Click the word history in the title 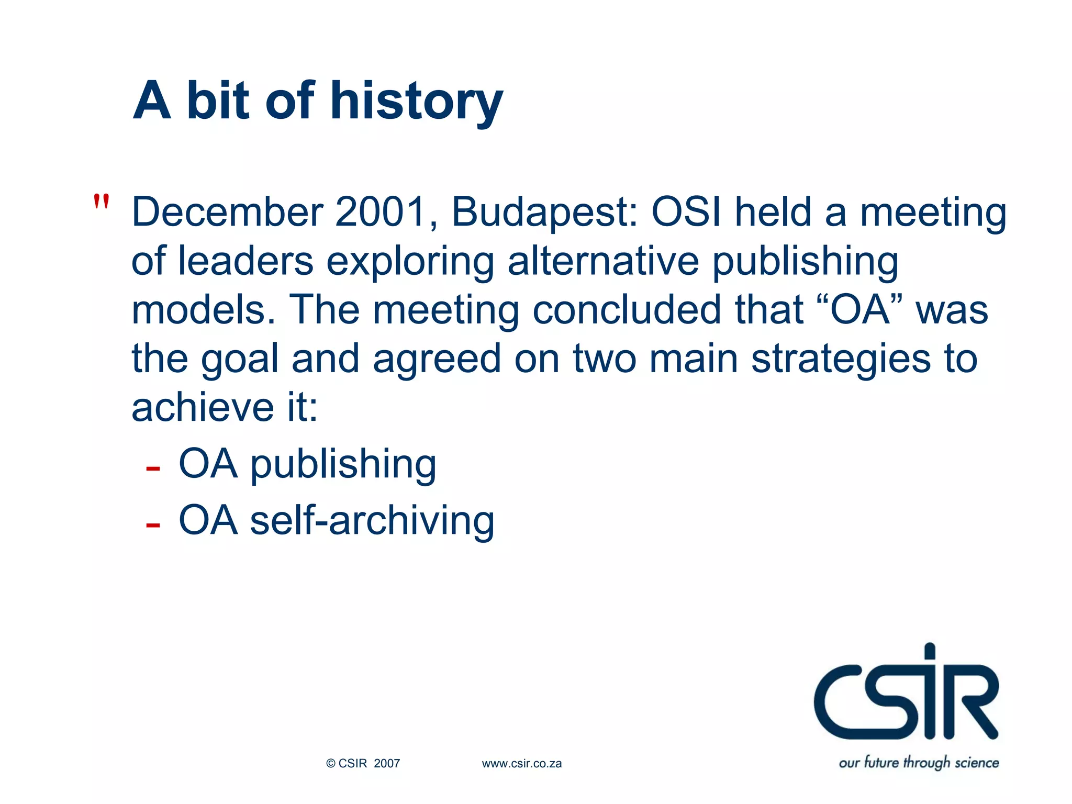pyautogui.click(x=416, y=100)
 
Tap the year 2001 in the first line pyautogui.click(x=380, y=212)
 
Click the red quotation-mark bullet pyautogui.click(x=101, y=202)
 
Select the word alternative pyautogui.click(x=603, y=261)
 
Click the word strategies pyautogui.click(x=841, y=359)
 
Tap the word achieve pyautogui.click(x=203, y=407)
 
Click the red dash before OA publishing pyautogui.click(x=153, y=468)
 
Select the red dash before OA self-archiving pyautogui.click(x=153, y=524)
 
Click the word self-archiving pyautogui.click(x=372, y=520)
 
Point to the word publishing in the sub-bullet pyautogui.click(x=343, y=465)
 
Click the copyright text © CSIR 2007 pyautogui.click(x=363, y=764)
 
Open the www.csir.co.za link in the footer pyautogui.click(x=521, y=764)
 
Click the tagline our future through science pyautogui.click(x=919, y=762)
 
